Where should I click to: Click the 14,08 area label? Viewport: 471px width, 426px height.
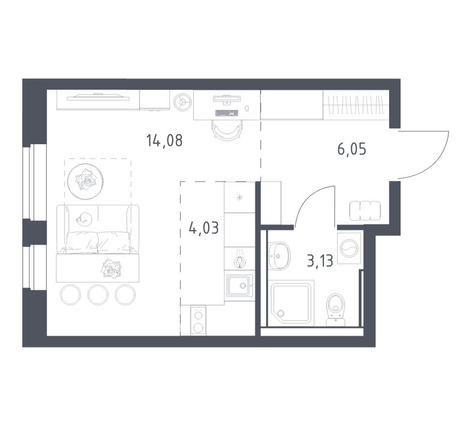[x=164, y=140]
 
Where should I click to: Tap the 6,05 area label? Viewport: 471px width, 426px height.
[x=352, y=149]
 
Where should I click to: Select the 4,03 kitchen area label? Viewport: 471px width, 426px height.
[x=204, y=228]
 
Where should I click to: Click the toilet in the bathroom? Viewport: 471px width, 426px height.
[x=336, y=309]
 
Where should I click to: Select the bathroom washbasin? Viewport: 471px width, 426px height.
[x=280, y=256]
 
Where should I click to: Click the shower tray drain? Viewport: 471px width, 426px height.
[x=281, y=313]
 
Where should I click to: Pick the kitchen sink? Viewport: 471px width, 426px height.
[x=240, y=285]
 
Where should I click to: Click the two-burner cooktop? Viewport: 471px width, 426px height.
[x=198, y=320]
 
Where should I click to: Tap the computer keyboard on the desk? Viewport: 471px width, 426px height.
[x=227, y=113]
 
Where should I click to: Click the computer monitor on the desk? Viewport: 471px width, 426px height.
[x=227, y=99]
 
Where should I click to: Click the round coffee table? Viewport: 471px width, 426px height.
[x=86, y=182]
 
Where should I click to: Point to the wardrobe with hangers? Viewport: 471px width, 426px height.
[x=356, y=105]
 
